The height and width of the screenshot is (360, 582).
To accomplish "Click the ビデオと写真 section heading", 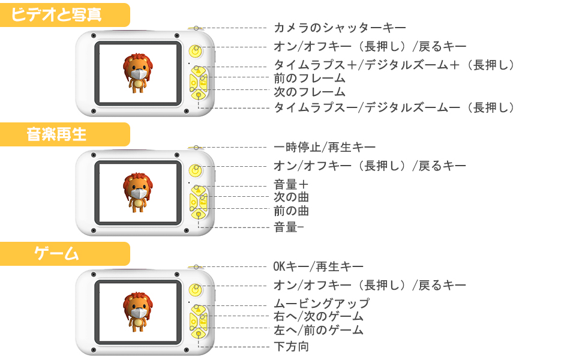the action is pyautogui.click(x=58, y=14).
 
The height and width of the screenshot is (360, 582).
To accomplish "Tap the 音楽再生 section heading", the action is pyautogui.click(x=57, y=134).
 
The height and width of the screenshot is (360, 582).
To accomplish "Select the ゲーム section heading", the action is pyautogui.click(x=57, y=253).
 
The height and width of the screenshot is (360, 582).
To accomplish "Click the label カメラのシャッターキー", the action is pyautogui.click(x=340, y=28).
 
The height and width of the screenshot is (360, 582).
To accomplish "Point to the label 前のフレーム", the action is pyautogui.click(x=310, y=78).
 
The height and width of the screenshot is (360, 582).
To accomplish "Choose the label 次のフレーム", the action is pyautogui.click(x=310, y=92).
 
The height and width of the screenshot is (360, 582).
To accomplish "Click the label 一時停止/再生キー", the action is pyautogui.click(x=325, y=147).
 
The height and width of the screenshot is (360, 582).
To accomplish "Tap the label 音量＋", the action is pyautogui.click(x=291, y=185).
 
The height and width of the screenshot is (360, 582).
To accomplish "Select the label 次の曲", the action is pyautogui.click(x=292, y=197).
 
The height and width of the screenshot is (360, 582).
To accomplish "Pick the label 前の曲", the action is pyautogui.click(x=292, y=211).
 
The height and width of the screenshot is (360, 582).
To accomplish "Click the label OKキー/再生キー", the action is pyautogui.click(x=319, y=266).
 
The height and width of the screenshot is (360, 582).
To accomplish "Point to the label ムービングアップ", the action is pyautogui.click(x=322, y=304).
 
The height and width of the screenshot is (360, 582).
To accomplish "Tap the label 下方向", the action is pyautogui.click(x=292, y=346).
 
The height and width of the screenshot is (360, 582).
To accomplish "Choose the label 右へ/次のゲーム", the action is pyautogui.click(x=319, y=317).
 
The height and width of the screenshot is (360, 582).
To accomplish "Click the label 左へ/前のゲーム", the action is pyautogui.click(x=319, y=330).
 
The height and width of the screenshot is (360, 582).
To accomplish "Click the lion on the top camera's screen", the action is pyautogui.click(x=139, y=73).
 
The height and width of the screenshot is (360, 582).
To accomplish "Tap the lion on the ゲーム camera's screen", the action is pyautogui.click(x=139, y=311).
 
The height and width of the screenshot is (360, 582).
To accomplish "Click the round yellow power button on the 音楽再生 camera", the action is pyautogui.click(x=195, y=170).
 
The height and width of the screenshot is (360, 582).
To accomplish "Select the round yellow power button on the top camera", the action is pyautogui.click(x=195, y=51).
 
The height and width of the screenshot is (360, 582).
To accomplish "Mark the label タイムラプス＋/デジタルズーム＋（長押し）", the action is pyautogui.click(x=394, y=65).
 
